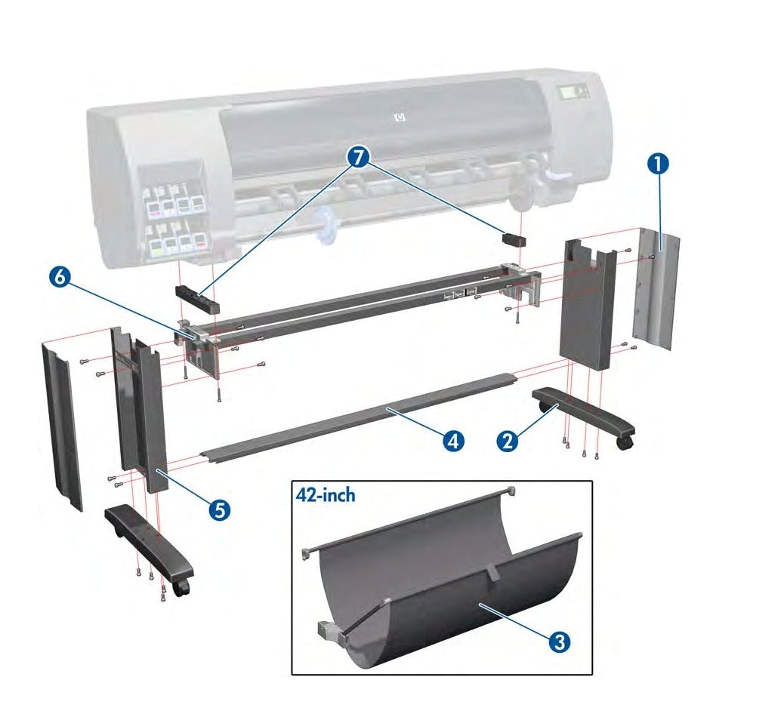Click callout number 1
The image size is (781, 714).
[x=659, y=163]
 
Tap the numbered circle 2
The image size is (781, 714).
[x=508, y=440]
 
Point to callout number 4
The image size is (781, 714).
[x=453, y=440]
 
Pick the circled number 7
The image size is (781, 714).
[x=360, y=158]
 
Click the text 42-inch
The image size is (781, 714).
[x=324, y=496]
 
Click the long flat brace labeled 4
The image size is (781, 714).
[x=355, y=415]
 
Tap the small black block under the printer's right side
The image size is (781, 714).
[x=514, y=239]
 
